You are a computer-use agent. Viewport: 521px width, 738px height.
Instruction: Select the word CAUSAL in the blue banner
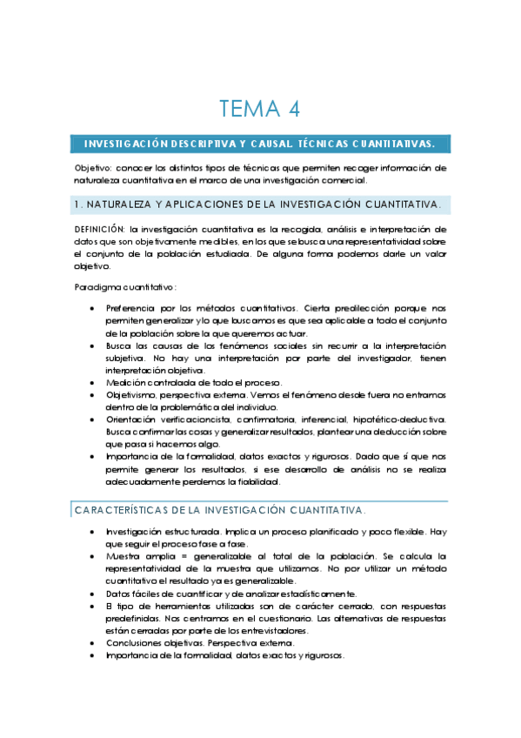point(271,144)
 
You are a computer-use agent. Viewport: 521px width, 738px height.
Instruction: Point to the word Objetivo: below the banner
point(93,168)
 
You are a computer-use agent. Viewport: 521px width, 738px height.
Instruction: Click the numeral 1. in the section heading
point(78,205)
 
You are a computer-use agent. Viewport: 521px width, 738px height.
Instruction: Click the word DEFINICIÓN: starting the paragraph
point(101,228)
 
